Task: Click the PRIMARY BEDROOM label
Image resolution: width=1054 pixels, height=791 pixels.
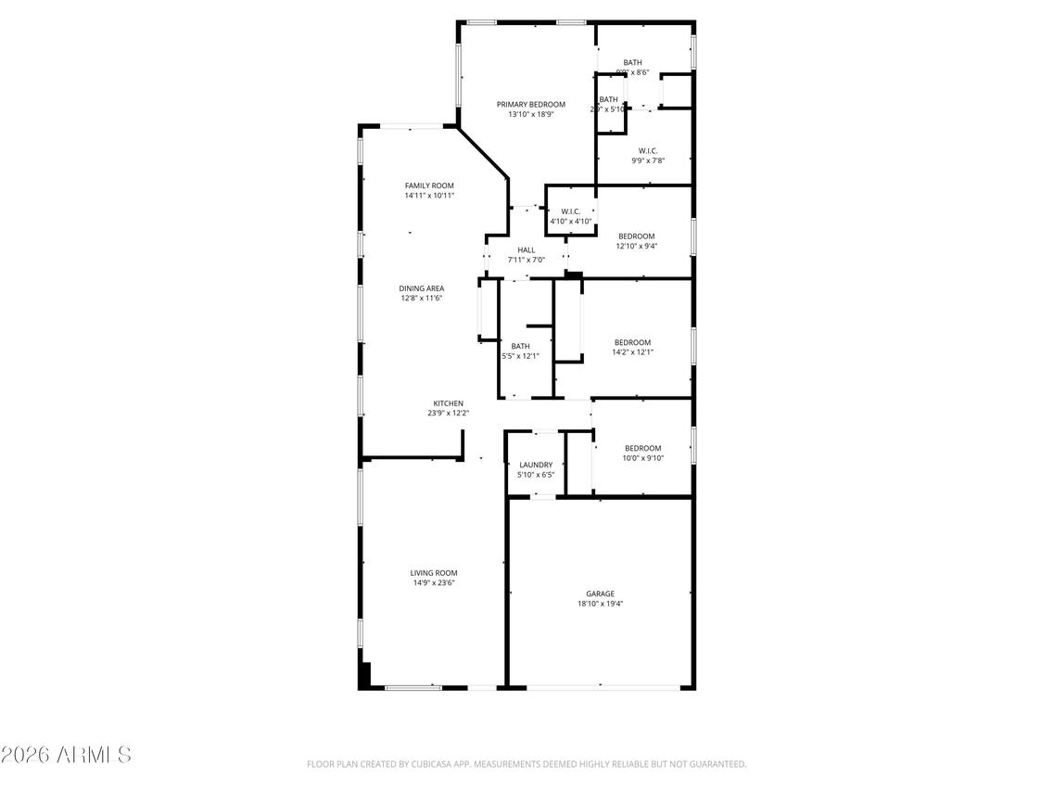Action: point(530,105)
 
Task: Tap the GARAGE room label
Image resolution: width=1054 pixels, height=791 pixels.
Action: point(600,593)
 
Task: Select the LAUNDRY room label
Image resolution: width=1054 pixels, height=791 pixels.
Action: point(536,465)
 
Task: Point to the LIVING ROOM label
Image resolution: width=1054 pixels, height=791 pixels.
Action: point(434,573)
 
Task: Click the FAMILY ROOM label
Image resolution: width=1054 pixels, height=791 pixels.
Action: point(429,185)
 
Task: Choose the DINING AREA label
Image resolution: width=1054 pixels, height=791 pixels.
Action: point(422,288)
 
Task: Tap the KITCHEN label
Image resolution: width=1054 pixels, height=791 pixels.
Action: point(449,403)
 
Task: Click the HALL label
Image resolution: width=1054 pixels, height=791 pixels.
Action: point(527,249)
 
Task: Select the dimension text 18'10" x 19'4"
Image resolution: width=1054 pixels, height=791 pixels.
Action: point(600,604)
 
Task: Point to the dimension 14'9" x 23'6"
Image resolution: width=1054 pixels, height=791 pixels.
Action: point(434,583)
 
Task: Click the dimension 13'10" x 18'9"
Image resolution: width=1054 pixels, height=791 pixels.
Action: point(530,115)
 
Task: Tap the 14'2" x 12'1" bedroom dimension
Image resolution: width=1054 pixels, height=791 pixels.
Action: point(632,352)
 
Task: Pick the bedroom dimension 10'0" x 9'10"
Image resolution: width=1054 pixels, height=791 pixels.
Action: point(642,458)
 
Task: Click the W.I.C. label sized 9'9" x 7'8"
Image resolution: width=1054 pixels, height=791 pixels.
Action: point(648,150)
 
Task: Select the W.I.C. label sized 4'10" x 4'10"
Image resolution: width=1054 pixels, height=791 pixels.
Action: point(570,211)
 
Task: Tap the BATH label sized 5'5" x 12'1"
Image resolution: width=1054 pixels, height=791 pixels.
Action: point(520,346)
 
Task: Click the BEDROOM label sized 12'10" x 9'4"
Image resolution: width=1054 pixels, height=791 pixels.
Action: point(637,236)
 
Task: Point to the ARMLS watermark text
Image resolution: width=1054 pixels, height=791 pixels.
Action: point(66,754)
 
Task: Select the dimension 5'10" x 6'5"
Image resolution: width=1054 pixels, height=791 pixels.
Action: point(536,475)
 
